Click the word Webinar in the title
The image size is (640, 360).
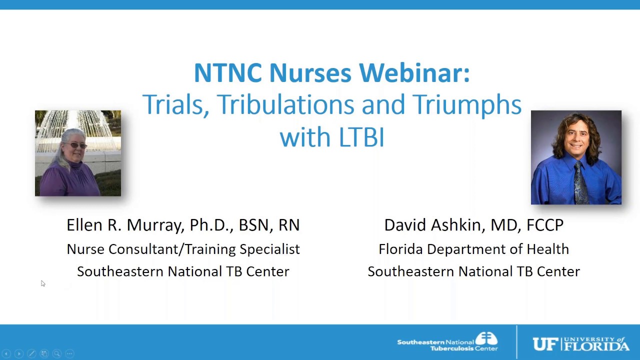click(x=414, y=73)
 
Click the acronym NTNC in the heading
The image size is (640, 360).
click(x=227, y=73)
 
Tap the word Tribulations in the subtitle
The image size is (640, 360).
click(x=286, y=104)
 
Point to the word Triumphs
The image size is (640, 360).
click(x=467, y=104)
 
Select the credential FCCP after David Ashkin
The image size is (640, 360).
click(x=544, y=225)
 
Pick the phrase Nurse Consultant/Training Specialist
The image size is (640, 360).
click(x=183, y=249)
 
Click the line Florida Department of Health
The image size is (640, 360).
click(x=473, y=249)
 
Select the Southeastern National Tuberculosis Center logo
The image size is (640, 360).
click(x=447, y=342)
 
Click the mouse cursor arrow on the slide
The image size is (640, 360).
click(x=42, y=283)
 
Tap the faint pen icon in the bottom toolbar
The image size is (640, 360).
click(x=31, y=353)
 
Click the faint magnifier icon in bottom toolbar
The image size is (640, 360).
click(x=57, y=353)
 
